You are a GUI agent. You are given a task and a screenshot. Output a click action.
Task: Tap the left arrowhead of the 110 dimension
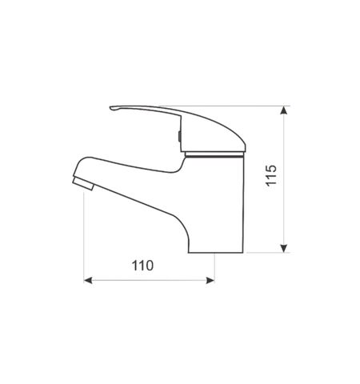tap(88, 280)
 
